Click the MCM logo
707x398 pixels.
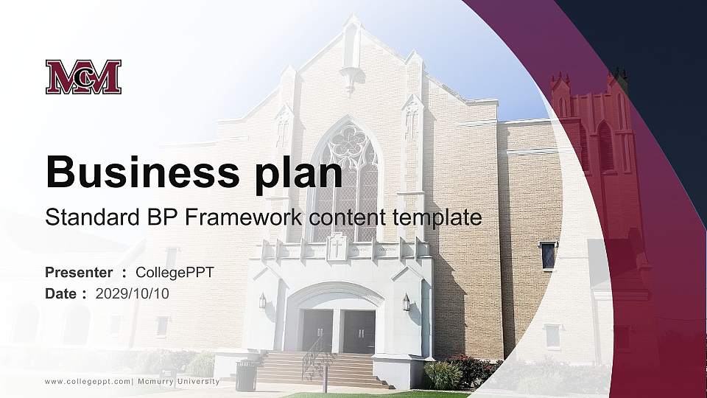pyautogui.click(x=83, y=77)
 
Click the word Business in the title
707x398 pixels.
pyautogui.click(x=142, y=172)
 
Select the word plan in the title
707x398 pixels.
pyautogui.click(x=298, y=175)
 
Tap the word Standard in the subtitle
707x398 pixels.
pyautogui.click(x=93, y=217)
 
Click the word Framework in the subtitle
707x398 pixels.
pyautogui.click(x=244, y=217)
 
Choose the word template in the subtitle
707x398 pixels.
pyautogui.click(x=437, y=218)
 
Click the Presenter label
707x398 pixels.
pyautogui.click(x=79, y=272)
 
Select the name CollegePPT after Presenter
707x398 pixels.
pyautogui.click(x=175, y=273)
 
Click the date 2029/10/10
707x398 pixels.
pyautogui.click(x=132, y=294)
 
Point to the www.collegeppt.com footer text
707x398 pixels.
pyautogui.click(x=88, y=382)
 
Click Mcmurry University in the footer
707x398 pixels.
pyautogui.click(x=178, y=382)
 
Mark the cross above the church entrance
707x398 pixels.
pyautogui.click(x=337, y=247)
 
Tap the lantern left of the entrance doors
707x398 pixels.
pyautogui.click(x=262, y=301)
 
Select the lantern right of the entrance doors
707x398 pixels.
pyautogui.click(x=406, y=302)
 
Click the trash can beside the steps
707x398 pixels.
pyautogui.click(x=246, y=375)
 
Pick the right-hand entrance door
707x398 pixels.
pyautogui.click(x=359, y=332)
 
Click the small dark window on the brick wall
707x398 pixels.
pyautogui.click(x=548, y=256)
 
